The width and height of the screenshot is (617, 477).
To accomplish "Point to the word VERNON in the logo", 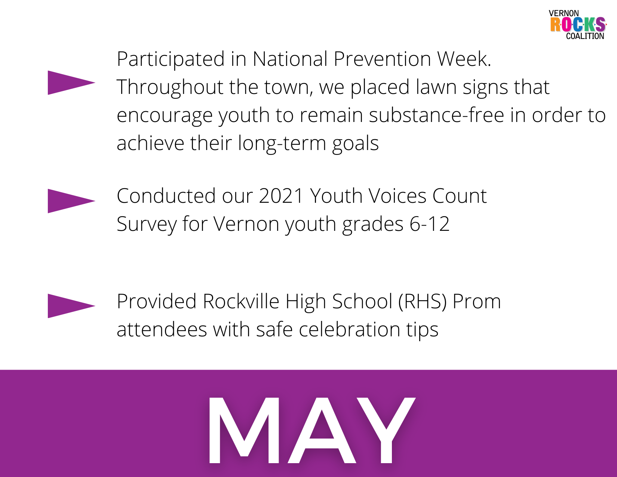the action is (564, 13).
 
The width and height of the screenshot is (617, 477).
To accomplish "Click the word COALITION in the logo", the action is (585, 36).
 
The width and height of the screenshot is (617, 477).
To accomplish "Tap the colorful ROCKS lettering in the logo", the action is (578, 24).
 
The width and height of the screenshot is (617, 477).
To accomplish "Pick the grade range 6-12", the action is (429, 224).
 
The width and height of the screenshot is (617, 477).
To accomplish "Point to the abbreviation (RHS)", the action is (422, 302).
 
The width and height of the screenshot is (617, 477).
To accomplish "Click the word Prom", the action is (477, 301).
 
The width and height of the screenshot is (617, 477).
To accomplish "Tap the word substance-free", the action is (436, 115).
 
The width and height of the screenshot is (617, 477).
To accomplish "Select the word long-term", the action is (282, 143).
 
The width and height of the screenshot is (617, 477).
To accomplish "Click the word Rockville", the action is (241, 301).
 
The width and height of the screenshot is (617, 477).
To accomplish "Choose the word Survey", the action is (147, 224).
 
